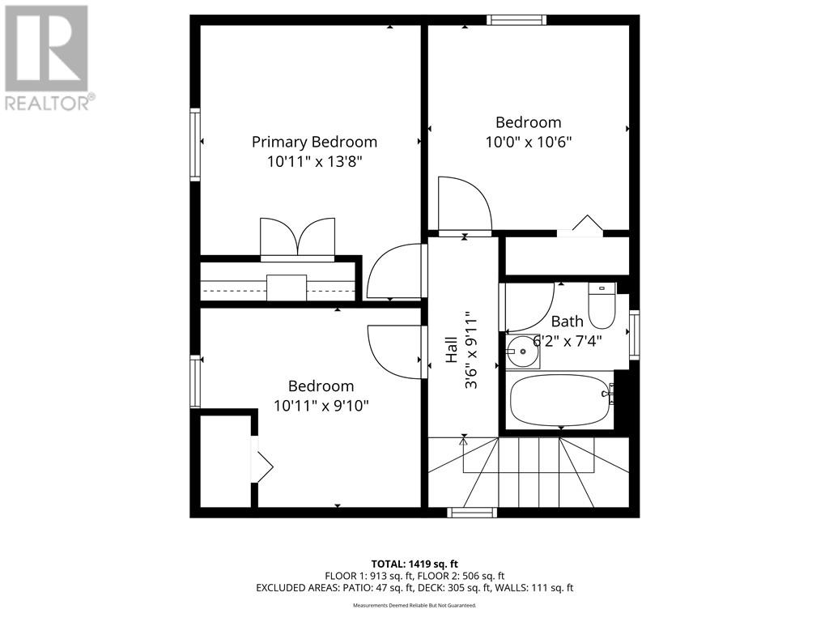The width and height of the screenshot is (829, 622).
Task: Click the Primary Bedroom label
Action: point(314,142)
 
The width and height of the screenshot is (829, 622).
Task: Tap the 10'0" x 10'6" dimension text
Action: point(528,142)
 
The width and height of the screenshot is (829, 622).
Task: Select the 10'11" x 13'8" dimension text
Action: point(314,161)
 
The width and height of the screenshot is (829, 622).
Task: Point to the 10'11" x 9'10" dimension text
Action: point(321,405)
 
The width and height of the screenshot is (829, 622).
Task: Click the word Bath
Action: point(567,322)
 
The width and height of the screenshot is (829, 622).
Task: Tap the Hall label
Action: point(452,351)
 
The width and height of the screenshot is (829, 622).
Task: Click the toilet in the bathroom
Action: point(602,306)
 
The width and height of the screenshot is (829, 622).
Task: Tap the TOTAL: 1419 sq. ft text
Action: point(414,564)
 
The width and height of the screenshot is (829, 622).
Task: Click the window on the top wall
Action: point(516,20)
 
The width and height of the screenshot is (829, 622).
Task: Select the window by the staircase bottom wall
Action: point(472,512)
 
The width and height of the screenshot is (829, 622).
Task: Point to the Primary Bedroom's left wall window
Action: point(195,144)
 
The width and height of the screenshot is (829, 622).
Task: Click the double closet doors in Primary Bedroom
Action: point(297,238)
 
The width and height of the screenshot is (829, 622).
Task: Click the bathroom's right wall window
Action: point(634,335)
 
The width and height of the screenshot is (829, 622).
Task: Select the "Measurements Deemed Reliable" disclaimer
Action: point(414,605)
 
